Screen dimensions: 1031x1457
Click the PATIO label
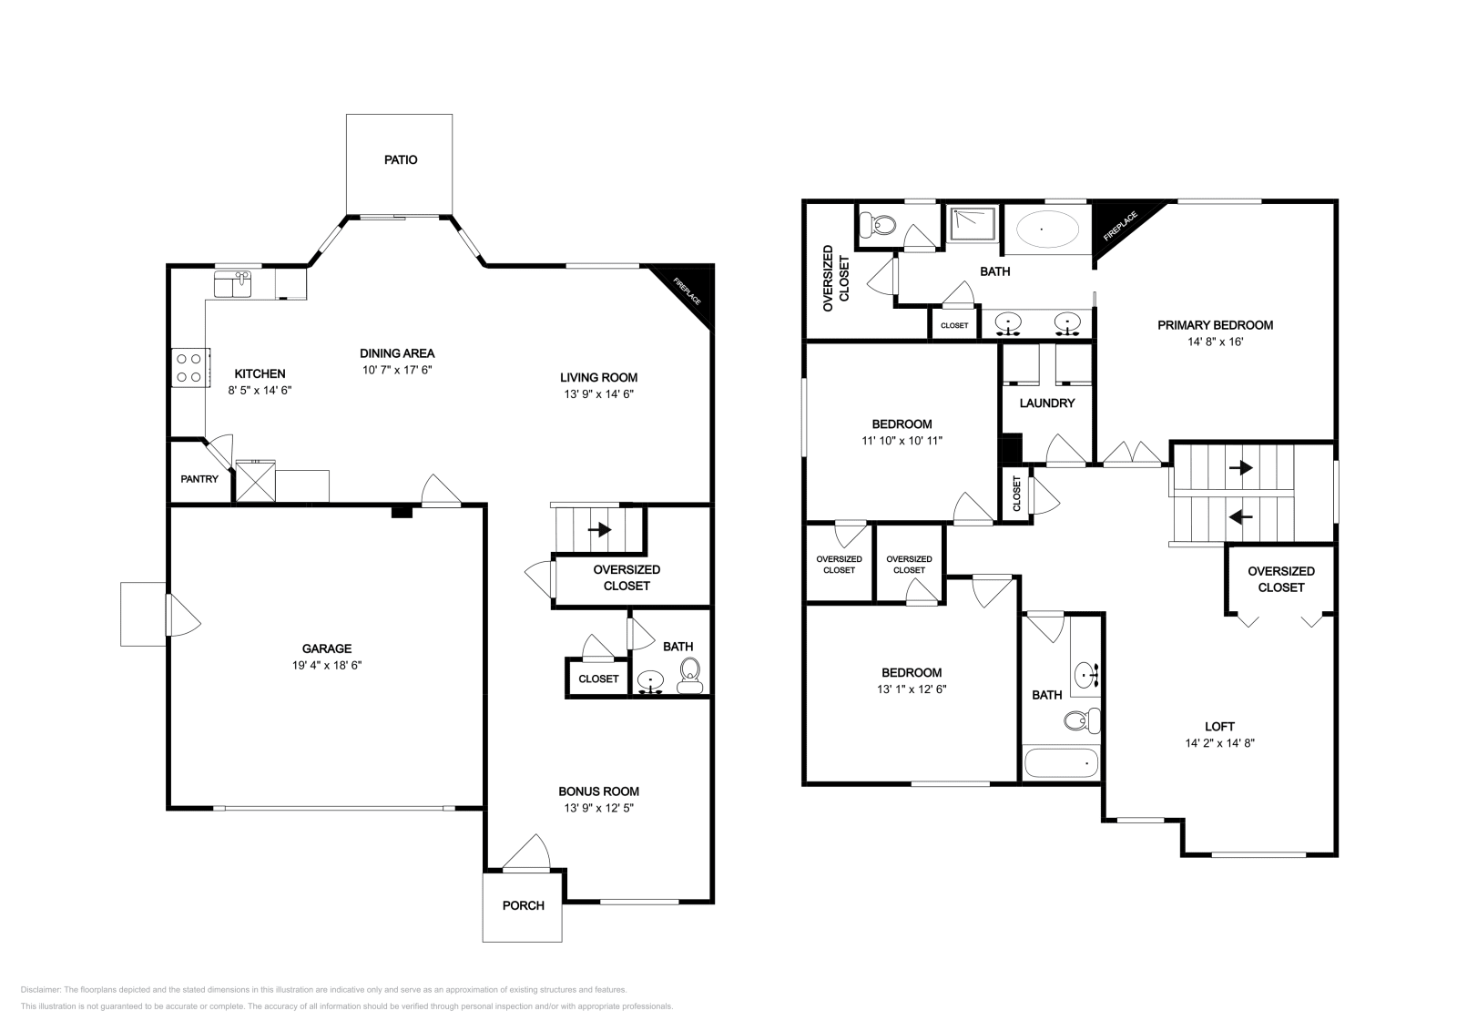tap(400, 159)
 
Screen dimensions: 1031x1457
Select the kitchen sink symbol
tap(234, 283)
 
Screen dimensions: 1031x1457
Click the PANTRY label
tap(199, 478)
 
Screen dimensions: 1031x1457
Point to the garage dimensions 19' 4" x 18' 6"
tap(326, 665)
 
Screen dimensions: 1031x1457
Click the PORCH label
tap(523, 905)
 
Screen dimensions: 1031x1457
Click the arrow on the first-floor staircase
tap(599, 528)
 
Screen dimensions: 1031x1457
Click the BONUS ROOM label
tap(598, 791)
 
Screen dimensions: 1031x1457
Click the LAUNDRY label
tap(1046, 403)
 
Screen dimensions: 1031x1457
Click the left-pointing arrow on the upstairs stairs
tap(1239, 516)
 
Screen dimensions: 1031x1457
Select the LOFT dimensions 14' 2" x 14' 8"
tap(1219, 742)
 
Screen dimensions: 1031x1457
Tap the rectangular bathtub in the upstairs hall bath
tap(1061, 762)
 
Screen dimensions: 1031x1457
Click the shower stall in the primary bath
tap(973, 224)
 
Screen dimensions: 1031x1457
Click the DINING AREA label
tap(397, 353)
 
